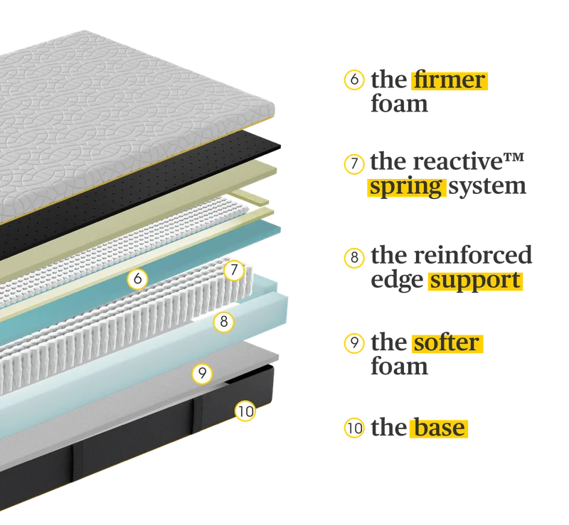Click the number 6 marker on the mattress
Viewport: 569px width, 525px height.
(137, 278)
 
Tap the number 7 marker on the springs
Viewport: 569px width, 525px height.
(234, 270)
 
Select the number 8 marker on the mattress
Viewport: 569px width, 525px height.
(223, 321)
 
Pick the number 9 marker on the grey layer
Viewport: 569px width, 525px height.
(202, 373)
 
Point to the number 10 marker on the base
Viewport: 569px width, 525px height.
(245, 411)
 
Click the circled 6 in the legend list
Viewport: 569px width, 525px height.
(354, 80)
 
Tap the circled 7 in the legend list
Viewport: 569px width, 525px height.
(354, 164)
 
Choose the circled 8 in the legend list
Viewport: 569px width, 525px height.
(354, 257)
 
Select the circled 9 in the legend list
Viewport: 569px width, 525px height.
(354, 342)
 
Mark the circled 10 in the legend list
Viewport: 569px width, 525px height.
(354, 428)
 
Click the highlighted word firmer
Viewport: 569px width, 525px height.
(450, 80)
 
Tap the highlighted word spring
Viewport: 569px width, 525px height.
(406, 188)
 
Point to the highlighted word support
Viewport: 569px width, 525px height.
(475, 281)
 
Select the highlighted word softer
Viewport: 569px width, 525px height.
(447, 343)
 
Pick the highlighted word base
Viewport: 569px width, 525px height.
(439, 428)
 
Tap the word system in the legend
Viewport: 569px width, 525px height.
(487, 187)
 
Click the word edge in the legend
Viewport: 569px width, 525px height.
(397, 281)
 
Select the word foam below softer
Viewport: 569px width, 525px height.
(399, 366)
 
